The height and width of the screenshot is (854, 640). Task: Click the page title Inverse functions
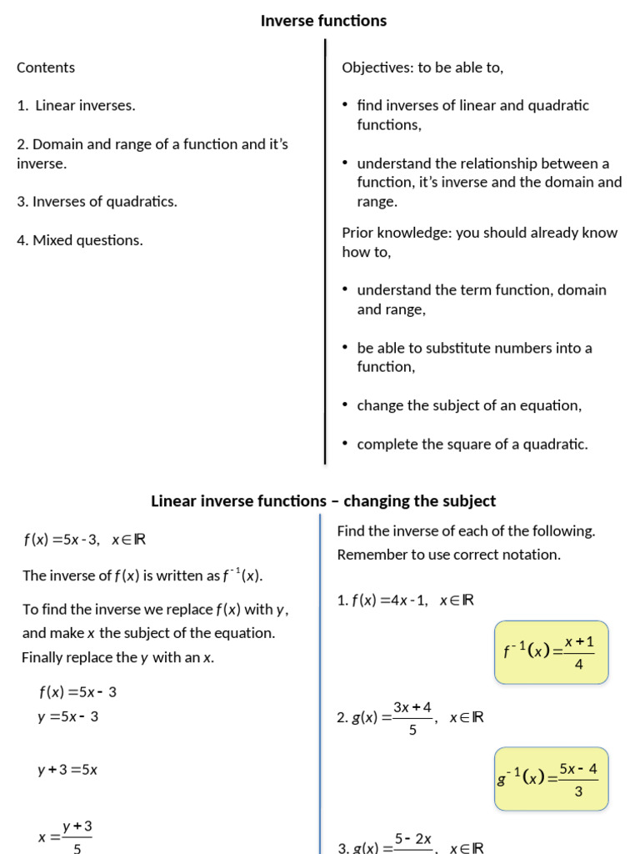click(x=323, y=21)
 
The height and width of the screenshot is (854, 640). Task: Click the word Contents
click(x=46, y=68)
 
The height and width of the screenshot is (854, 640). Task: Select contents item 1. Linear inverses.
click(x=76, y=106)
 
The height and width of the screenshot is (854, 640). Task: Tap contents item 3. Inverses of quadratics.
click(x=97, y=202)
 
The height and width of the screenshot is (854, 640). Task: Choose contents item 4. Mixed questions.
click(x=80, y=240)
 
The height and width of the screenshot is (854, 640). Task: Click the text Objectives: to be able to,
click(x=422, y=68)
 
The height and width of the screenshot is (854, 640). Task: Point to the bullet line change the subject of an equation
click(x=469, y=405)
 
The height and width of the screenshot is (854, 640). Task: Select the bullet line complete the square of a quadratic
click(x=472, y=445)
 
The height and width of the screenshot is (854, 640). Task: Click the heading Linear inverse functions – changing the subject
click(x=323, y=501)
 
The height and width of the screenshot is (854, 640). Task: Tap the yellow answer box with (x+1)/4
click(x=551, y=652)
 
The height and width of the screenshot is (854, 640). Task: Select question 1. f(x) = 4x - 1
click(x=406, y=600)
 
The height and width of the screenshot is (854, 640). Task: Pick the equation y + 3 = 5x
click(x=67, y=771)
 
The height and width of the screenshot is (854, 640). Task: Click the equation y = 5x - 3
click(x=68, y=716)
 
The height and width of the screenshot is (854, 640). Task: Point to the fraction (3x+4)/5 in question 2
click(x=412, y=717)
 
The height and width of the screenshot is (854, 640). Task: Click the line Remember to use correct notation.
click(x=449, y=555)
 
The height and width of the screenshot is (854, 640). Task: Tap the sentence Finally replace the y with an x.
click(x=118, y=657)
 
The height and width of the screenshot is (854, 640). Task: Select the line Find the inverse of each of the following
click(x=466, y=531)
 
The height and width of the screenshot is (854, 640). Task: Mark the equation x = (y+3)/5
click(x=66, y=836)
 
